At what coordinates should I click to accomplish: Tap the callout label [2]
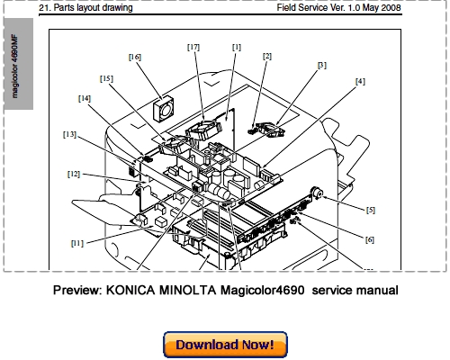[x=266, y=56]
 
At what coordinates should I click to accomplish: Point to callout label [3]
[x=322, y=65]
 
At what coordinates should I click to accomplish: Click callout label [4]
[x=360, y=81]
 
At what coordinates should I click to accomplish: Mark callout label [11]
[x=78, y=242]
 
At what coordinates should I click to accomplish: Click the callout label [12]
[x=74, y=173]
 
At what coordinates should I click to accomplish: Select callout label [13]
[x=69, y=134]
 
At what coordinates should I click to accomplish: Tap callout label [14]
[x=85, y=98]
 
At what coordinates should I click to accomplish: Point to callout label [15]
[x=106, y=78]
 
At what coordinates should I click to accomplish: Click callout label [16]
[x=135, y=57]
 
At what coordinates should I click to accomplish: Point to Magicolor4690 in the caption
[x=260, y=291]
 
